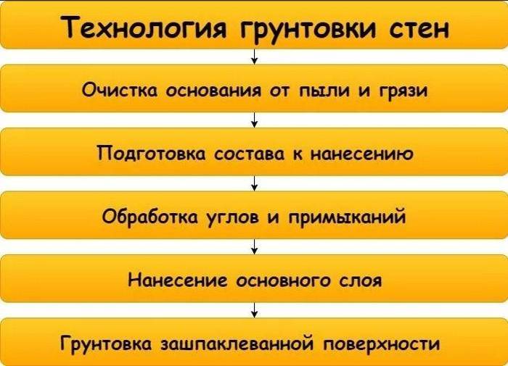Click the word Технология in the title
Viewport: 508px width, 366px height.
click(x=142, y=28)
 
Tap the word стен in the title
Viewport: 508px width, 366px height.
click(x=419, y=28)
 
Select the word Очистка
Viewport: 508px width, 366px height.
click(x=120, y=90)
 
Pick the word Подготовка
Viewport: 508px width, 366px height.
click(x=151, y=153)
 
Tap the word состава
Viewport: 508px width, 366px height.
click(x=249, y=154)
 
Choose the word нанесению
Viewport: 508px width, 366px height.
click(x=362, y=154)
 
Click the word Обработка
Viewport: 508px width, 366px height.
click(x=149, y=215)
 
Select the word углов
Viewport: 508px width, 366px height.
click(x=233, y=217)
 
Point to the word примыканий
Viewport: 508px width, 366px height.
click(x=347, y=216)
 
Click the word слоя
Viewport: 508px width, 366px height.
click(x=361, y=281)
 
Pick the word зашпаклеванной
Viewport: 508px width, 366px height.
click(x=237, y=344)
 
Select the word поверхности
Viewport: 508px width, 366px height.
click(x=381, y=344)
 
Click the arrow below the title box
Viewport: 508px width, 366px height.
click(x=255, y=57)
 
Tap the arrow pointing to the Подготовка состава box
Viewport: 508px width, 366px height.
click(x=255, y=120)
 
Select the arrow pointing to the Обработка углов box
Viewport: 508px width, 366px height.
click(x=255, y=183)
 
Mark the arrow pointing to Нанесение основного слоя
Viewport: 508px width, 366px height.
click(x=255, y=247)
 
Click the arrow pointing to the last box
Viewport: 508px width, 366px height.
click(x=255, y=310)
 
